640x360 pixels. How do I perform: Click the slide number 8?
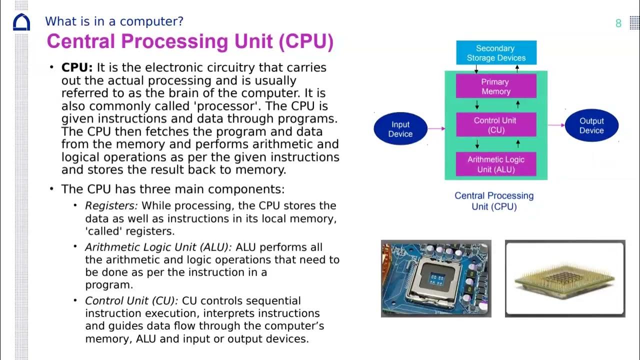point(618,23)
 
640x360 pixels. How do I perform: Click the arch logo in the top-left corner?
point(21,22)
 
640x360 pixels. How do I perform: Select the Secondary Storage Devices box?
point(496,53)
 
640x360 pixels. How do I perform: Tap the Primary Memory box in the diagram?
point(495,86)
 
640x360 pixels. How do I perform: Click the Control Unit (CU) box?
point(495,125)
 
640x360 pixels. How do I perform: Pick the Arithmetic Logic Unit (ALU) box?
point(495,164)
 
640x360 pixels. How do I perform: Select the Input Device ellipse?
point(400,129)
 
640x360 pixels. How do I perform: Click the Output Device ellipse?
point(591,125)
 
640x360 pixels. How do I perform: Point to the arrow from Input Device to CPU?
point(436,129)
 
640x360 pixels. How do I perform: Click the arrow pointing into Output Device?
point(556,125)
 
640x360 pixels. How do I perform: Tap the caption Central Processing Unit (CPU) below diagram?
point(494,201)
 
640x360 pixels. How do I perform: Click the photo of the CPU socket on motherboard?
point(436,278)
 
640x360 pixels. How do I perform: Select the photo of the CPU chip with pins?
point(565,278)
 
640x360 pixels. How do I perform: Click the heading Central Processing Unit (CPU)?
point(190,41)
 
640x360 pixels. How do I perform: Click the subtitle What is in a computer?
point(114,21)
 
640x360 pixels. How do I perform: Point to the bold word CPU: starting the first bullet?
point(77,67)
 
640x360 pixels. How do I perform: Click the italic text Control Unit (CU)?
point(131,301)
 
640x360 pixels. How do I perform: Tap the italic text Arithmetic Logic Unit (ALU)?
point(158,247)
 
